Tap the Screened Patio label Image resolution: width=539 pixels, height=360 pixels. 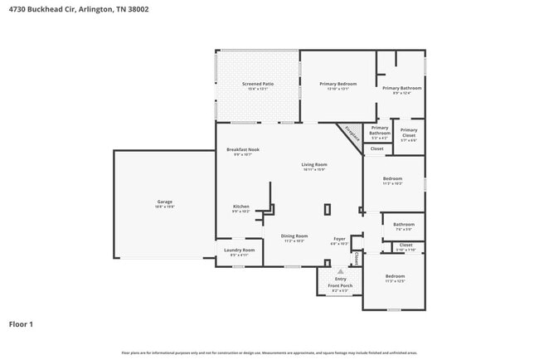point(257,84)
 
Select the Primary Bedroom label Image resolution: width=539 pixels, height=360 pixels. point(338,84)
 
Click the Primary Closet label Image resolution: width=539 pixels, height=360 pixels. point(409,130)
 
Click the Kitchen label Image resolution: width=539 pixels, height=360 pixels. point(240,206)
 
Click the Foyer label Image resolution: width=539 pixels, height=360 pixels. point(339,239)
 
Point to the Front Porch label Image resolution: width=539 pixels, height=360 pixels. point(340,286)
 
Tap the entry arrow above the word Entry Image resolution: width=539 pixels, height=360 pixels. point(340,270)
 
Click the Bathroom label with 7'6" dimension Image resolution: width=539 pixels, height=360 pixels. point(404,224)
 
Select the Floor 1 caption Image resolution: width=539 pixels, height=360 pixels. point(21,324)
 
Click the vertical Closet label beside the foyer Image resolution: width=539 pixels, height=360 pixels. point(357,258)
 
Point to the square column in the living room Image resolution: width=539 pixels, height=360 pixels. point(328,209)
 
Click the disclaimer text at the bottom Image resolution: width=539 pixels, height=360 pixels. point(269,353)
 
